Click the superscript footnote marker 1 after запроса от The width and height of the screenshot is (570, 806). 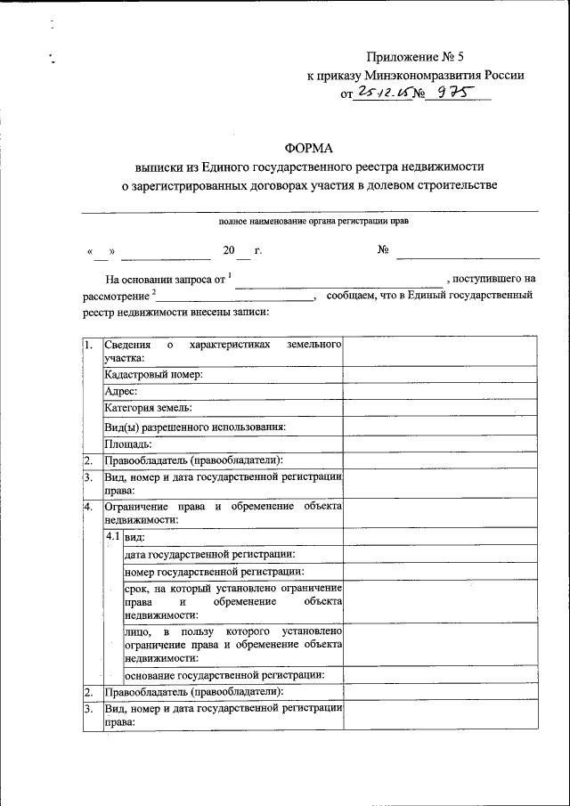coord(230,275)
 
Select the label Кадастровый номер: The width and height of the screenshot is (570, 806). coord(154,374)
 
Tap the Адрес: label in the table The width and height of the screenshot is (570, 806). coord(120,391)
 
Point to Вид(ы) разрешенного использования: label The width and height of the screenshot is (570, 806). coord(195,426)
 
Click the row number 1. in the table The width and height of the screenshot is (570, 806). coord(88,345)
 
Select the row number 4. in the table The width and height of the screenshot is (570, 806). coord(88,507)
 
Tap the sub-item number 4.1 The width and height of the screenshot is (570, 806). coord(113,537)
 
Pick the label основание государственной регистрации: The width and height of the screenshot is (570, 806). coord(224,674)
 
